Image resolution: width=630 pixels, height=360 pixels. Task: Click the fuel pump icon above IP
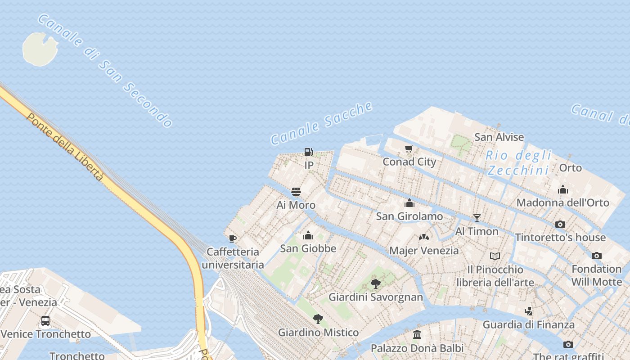point(309,152)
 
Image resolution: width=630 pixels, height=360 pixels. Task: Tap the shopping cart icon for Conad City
point(409,149)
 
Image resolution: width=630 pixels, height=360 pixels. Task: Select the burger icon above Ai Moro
point(296,192)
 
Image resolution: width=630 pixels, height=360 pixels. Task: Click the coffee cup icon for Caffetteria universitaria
point(232,238)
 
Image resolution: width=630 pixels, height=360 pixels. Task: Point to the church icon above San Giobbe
point(308,235)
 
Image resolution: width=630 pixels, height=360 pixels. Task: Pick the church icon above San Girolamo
point(409,203)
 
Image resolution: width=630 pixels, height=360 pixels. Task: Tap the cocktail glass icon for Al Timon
point(477,218)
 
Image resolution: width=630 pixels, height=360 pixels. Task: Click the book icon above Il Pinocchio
point(495,256)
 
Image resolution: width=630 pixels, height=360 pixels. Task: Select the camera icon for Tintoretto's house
point(560,224)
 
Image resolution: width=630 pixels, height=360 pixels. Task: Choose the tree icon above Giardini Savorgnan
point(376,284)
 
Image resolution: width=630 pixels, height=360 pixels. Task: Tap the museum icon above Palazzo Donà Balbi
point(417,335)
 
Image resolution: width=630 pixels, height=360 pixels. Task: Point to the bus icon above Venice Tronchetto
point(45,321)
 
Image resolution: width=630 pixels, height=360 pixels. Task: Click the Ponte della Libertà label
point(66,147)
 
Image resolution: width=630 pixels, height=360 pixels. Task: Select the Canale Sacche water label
point(322,123)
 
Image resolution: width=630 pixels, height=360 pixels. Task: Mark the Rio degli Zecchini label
point(519,163)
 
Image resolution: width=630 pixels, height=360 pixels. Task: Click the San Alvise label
point(499,137)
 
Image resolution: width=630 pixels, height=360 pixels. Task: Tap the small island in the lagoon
point(40,49)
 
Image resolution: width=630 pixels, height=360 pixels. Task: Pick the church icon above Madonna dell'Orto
point(563,189)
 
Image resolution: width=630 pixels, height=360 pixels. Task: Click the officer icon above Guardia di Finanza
point(529,311)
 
